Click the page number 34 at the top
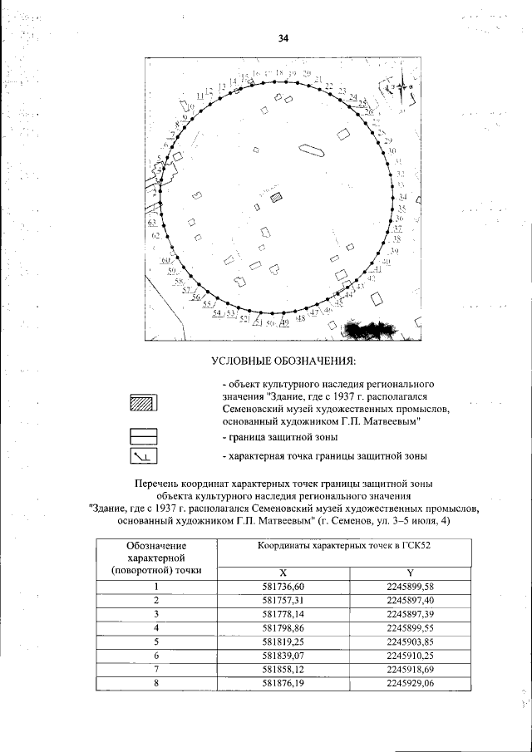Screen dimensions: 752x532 click(x=282, y=38)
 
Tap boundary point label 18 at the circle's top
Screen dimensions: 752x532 click(x=279, y=74)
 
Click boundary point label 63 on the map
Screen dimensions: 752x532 click(x=152, y=223)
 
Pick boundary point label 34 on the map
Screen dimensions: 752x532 click(x=402, y=197)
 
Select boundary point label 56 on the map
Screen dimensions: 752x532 click(x=196, y=297)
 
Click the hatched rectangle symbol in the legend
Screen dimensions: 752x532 click(x=143, y=403)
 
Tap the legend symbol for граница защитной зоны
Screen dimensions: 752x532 click(x=143, y=435)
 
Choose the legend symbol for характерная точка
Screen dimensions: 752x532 click(x=143, y=456)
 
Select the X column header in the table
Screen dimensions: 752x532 click(x=283, y=573)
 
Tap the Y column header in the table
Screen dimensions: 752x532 click(x=411, y=573)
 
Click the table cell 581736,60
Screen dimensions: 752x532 click(x=283, y=587)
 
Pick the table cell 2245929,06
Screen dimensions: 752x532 click(x=411, y=683)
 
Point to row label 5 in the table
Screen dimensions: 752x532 click(x=155, y=642)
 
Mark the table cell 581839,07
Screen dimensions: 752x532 click(x=283, y=656)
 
